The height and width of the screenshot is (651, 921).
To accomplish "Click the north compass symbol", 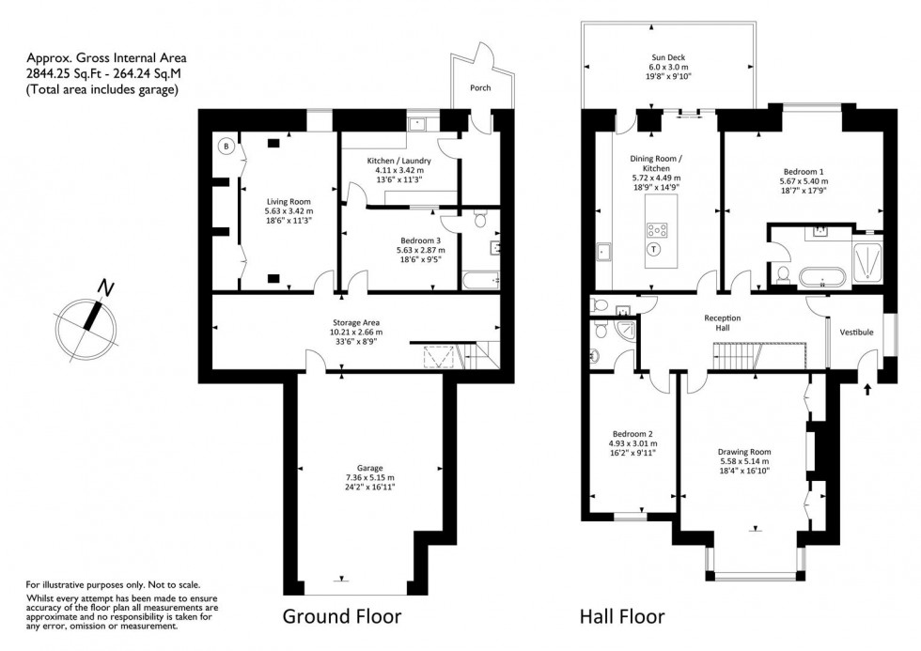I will coord(87,321).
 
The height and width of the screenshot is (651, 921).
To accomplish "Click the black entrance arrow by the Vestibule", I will coord(866,378).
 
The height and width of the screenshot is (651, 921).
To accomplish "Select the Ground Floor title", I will coord(342,617).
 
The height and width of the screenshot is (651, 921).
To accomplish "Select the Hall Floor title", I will coord(621,617).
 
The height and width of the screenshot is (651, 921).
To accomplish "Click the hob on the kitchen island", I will coord(655,227).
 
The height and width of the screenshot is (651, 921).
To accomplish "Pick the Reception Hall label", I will coord(724,323).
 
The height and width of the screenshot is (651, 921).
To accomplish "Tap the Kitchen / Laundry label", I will coord(398,161).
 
